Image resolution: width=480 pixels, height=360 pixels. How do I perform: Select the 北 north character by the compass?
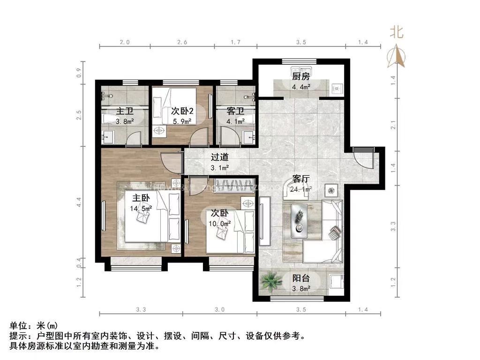pos(397,32)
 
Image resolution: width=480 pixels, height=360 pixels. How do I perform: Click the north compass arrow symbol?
pos(398,55)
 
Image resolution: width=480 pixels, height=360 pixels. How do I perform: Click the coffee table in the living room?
pos(299,220)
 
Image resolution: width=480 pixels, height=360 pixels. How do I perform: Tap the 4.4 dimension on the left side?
pos(79,202)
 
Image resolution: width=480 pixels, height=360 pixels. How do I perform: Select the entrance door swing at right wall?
pos(363,157)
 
